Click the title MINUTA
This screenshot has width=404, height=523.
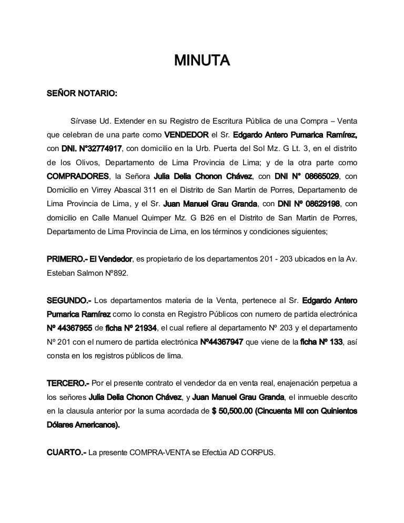(202, 60)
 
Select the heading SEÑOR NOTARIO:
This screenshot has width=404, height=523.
(82, 94)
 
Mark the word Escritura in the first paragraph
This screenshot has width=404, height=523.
(225, 120)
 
